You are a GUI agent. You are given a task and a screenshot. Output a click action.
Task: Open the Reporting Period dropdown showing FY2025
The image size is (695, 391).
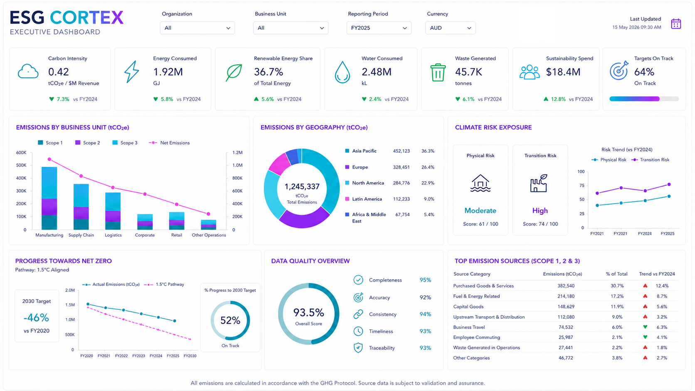[379, 28]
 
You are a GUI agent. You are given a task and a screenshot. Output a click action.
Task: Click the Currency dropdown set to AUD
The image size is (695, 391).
[450, 28]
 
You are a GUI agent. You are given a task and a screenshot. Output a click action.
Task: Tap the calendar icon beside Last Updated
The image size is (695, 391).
[676, 24]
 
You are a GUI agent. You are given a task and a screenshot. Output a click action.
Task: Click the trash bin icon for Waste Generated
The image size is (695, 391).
[438, 73]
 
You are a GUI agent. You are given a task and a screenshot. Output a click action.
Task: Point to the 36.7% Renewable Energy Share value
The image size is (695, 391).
[269, 72]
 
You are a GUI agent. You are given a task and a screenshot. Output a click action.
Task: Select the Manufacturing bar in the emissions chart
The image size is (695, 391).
[49, 199]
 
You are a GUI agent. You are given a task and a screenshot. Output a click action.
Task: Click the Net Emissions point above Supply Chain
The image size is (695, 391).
[81, 176]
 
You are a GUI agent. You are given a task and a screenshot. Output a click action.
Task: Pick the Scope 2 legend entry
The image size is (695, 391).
[87, 143]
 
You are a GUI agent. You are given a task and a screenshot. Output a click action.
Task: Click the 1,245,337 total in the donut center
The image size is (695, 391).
[302, 187]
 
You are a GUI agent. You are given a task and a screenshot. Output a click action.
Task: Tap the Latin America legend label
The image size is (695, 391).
[367, 199]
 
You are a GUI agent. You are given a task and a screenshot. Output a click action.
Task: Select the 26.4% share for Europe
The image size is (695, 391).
[428, 167]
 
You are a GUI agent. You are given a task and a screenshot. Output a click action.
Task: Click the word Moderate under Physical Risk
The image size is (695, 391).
[480, 211]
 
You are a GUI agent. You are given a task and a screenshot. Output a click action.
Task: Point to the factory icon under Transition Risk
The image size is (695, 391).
[539, 183]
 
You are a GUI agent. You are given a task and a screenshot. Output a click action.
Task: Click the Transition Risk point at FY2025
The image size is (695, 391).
[669, 184]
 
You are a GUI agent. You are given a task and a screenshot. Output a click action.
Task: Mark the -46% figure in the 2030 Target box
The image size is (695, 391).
[36, 318]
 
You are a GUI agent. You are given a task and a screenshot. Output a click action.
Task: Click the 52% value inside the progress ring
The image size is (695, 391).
[230, 320]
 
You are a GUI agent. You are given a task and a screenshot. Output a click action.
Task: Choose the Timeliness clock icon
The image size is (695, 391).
[358, 331]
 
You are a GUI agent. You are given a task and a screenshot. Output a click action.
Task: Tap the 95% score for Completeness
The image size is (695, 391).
[425, 280]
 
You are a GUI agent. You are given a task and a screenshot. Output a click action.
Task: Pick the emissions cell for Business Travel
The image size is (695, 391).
[566, 327]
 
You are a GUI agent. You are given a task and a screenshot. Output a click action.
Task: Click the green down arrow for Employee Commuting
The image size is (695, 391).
[645, 337]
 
